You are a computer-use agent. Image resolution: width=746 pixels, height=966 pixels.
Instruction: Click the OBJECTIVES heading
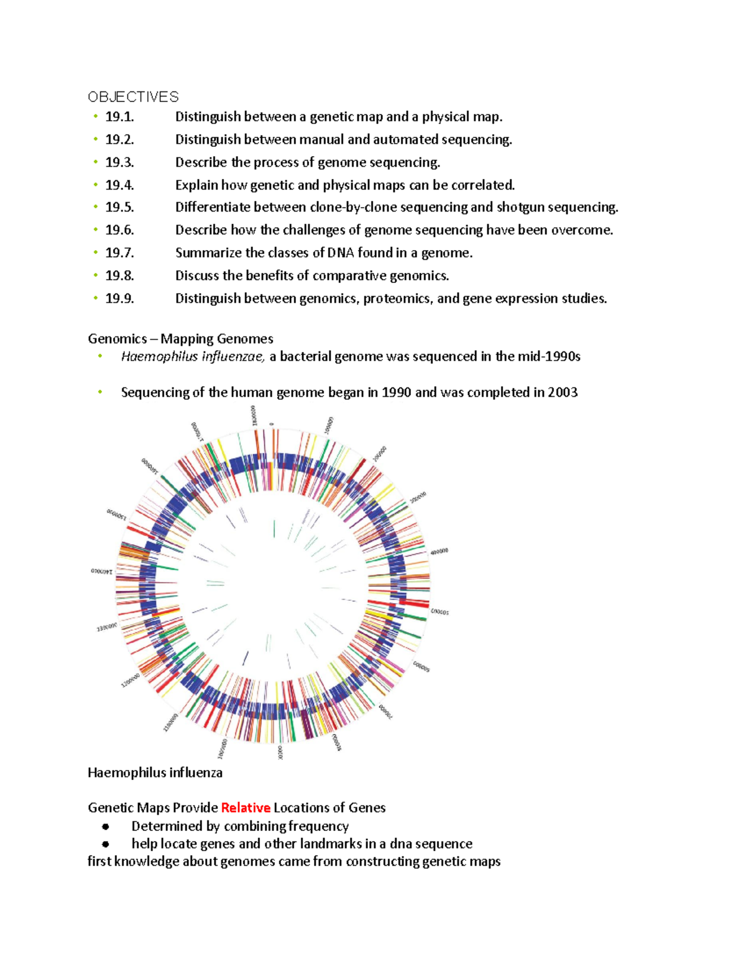[x=133, y=97]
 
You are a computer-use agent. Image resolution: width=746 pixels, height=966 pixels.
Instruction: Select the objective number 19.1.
[x=119, y=117]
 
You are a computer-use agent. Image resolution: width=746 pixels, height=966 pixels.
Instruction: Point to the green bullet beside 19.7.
[x=96, y=252]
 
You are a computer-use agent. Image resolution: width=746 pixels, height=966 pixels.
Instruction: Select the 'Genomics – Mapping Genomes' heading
[x=180, y=339]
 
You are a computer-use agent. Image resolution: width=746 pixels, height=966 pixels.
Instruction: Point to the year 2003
[x=562, y=392]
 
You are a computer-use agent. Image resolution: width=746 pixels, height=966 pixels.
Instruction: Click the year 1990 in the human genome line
[x=396, y=392]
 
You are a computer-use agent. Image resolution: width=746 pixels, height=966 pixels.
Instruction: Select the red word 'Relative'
[x=246, y=808]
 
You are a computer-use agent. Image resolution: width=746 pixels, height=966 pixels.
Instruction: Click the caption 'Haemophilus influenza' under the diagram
[x=155, y=773]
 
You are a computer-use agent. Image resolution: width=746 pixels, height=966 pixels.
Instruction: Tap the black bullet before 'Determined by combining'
[x=106, y=827]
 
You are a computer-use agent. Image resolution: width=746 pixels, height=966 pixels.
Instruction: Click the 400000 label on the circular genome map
[x=440, y=551]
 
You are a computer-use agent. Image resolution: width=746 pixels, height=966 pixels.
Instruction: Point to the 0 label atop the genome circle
[x=271, y=424]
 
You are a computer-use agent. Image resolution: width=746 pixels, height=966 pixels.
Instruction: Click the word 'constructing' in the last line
[x=382, y=862]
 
